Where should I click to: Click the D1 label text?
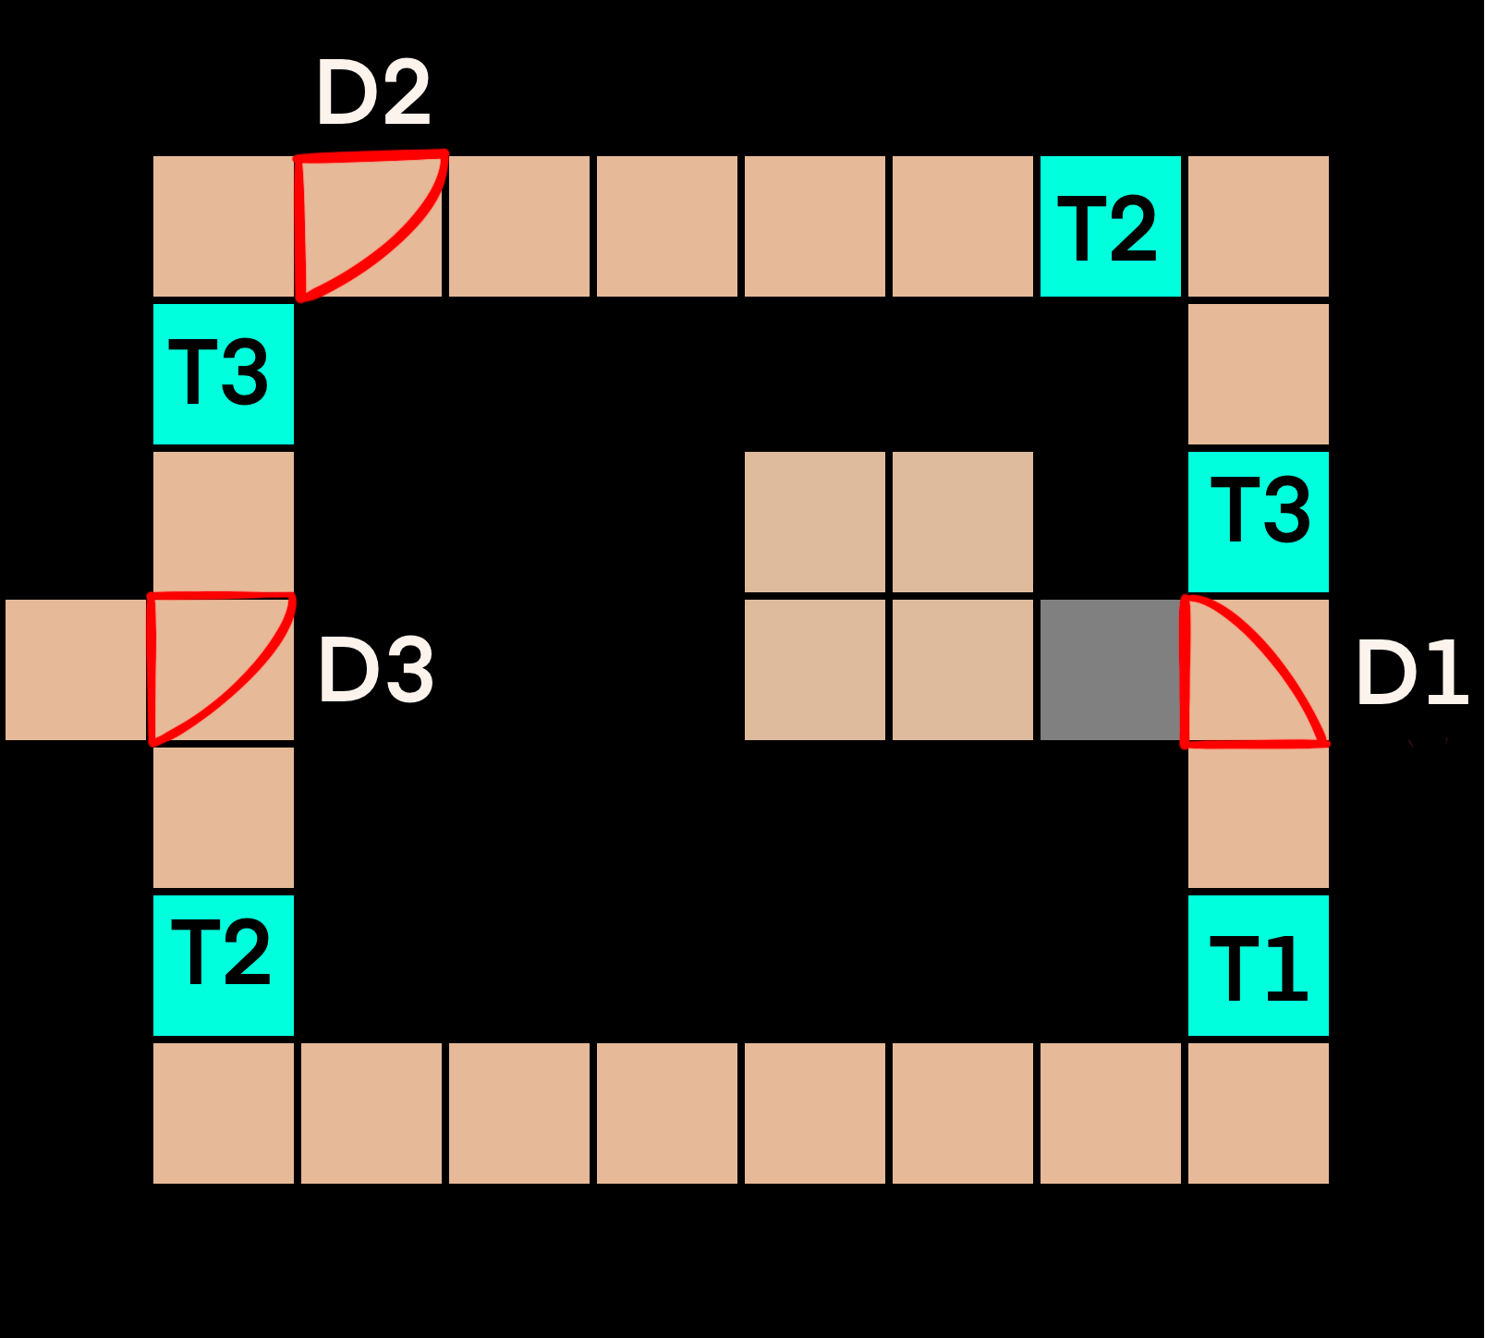[1412, 673]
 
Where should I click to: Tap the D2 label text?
[373, 92]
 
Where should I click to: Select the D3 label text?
[375, 671]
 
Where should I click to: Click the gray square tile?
[1111, 670]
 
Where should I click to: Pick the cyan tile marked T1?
[1259, 966]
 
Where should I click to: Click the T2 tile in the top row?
[1111, 226]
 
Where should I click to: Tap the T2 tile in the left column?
[224, 966]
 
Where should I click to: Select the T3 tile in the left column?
[224, 374]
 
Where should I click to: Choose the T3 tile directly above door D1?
[1259, 522]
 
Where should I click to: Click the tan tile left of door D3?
[76, 670]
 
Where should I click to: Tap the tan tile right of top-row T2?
[1259, 226]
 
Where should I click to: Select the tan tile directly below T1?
[1259, 1113]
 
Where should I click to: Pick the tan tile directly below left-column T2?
[224, 1113]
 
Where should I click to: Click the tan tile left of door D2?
[224, 226]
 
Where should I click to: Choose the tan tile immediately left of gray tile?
[963, 670]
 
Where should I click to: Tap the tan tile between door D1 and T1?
[1259, 818]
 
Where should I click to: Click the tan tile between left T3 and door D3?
[224, 522]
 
